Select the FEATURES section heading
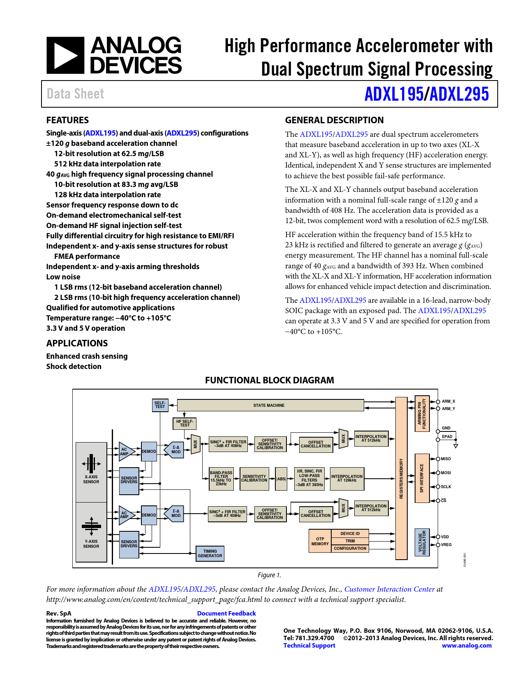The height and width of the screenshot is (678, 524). coord(67,120)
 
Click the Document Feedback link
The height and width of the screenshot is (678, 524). coord(226,613)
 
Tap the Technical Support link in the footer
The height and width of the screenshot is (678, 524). coord(309,645)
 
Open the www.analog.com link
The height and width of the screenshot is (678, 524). coord(466,645)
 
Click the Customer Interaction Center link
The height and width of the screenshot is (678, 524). coord(389,589)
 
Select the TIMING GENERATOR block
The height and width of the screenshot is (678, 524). coord(210,553)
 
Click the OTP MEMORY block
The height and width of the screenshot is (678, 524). coord(320,541)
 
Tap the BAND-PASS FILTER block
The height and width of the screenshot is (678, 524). coord(221,478)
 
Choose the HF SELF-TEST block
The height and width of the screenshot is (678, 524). coord(185,423)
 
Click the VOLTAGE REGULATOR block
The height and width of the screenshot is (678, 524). coord(422,542)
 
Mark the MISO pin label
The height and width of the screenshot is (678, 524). coord(446,459)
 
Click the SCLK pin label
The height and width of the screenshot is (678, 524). coord(446,487)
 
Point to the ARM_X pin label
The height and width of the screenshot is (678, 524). coord(448,401)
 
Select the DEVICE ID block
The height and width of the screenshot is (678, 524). coord(350,533)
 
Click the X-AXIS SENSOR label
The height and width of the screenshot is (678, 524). coord(91,479)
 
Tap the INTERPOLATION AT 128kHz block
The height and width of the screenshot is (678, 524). coord(347,478)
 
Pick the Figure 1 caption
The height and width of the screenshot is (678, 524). coord(269,575)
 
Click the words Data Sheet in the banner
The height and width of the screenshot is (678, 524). coord(75,94)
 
